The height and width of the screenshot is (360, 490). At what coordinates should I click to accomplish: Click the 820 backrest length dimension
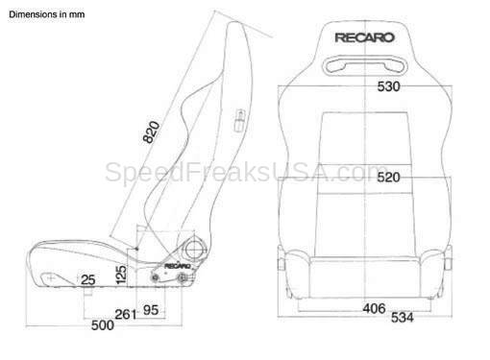(x=151, y=132)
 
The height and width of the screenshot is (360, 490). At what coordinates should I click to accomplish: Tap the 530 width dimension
(x=388, y=86)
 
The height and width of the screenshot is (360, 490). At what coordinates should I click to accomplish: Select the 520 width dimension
(x=388, y=178)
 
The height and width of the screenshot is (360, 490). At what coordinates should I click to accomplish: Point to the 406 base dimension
(x=374, y=308)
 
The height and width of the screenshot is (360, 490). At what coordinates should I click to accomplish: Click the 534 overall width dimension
(x=403, y=318)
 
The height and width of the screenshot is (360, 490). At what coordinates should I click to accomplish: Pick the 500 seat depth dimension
(x=103, y=325)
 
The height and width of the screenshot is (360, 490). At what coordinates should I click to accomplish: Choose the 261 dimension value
(x=126, y=315)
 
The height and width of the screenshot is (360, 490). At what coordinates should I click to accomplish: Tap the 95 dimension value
(x=151, y=310)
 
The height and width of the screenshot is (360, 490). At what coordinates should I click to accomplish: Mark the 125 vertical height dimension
(x=121, y=275)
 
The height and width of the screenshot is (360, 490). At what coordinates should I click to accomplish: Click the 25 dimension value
(x=88, y=280)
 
